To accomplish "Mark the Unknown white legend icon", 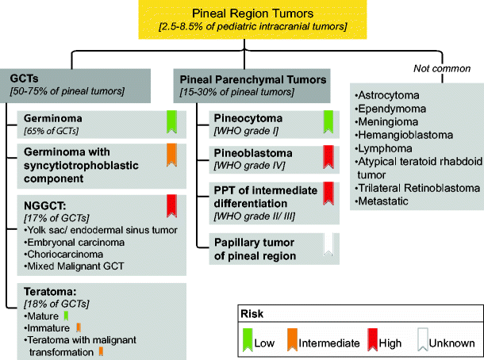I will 421,342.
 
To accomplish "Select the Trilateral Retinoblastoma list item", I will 419,188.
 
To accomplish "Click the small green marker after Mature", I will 67,316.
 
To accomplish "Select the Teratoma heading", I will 50,291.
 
